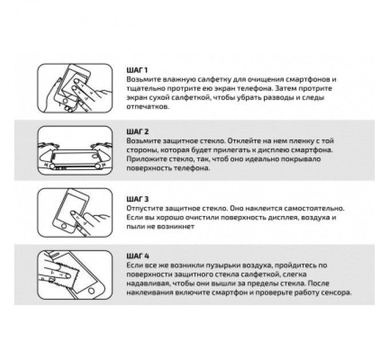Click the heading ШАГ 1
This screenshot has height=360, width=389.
(137, 70)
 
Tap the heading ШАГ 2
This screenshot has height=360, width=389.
(137, 131)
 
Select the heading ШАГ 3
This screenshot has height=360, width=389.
(137, 199)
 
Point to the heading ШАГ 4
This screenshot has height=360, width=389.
(138, 256)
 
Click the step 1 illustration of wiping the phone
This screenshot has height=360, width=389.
(75, 88)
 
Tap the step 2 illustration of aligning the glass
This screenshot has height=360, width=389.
(75, 150)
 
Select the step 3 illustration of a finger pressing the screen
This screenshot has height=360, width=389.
(75, 213)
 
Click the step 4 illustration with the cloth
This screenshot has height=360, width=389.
(75, 275)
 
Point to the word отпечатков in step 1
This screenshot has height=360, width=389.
(148, 107)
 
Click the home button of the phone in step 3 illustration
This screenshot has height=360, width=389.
(64, 226)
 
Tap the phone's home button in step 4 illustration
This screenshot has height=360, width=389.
(92, 290)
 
